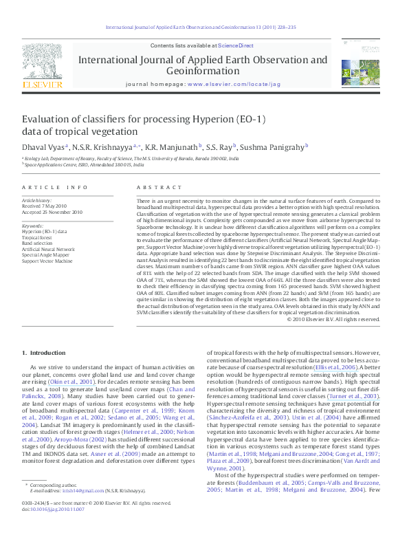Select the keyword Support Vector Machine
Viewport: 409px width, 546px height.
[47, 261]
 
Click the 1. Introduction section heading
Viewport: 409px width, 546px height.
[43, 353]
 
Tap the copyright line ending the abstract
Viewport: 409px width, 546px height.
[333, 319]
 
